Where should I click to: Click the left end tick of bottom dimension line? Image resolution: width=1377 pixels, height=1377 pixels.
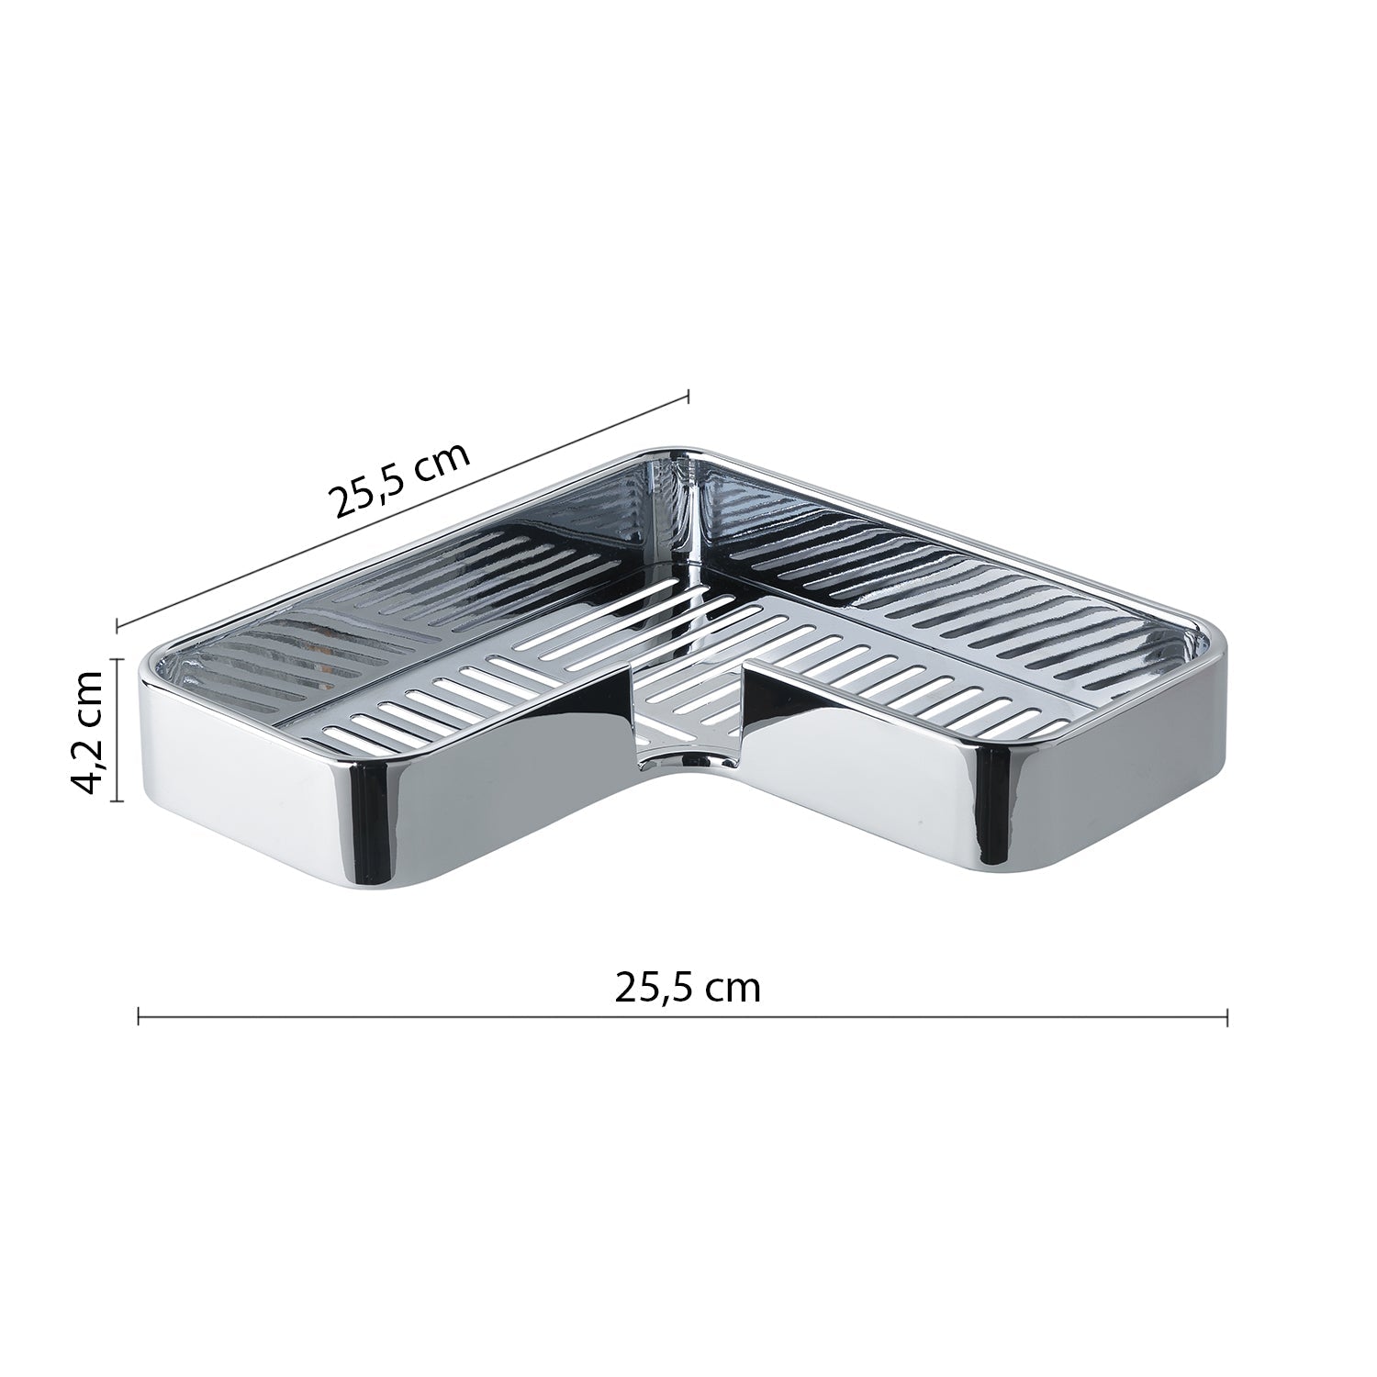138,1016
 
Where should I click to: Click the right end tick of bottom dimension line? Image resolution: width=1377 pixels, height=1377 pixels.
1227,1016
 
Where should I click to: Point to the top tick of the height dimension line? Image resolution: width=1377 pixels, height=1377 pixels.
117,658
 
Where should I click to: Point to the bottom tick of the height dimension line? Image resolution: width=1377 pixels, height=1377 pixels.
117,800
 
